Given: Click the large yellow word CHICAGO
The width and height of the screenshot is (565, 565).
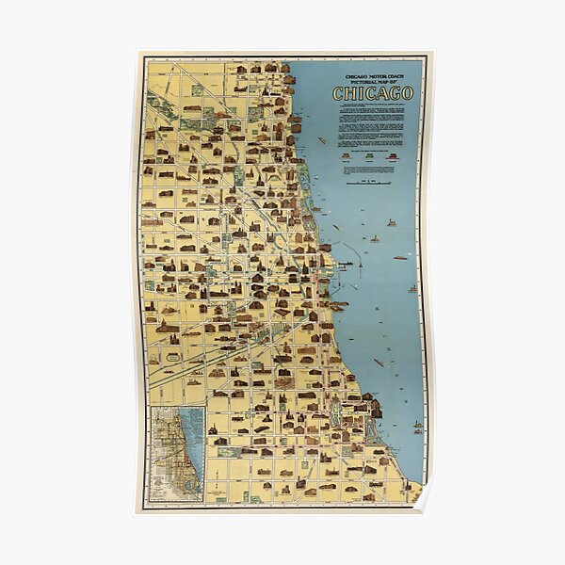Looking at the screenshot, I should coord(373,93).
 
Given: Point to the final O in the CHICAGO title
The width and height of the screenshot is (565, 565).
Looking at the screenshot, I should coord(407,93).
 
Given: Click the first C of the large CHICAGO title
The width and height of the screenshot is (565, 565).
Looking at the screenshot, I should coord(337,93).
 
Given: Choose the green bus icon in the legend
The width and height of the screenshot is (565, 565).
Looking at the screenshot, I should coord(370,157).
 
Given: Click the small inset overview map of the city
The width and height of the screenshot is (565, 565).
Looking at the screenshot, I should coord(175,453).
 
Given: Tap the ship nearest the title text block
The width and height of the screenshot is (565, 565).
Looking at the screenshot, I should coord(322,141).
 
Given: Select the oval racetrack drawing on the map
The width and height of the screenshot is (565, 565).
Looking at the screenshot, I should coord(173,359).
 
